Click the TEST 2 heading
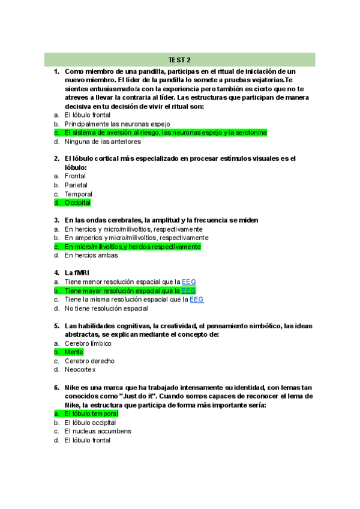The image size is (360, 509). [x=179, y=59]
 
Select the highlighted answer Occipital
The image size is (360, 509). [x=77, y=203]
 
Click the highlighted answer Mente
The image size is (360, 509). [x=74, y=352]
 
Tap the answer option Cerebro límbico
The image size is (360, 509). [x=88, y=343]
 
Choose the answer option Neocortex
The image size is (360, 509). [x=80, y=370]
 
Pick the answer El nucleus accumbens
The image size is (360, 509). [x=97, y=431]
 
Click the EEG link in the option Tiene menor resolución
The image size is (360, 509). [x=189, y=282]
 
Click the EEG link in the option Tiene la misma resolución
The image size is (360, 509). [x=197, y=300]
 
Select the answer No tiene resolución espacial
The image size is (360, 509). [x=106, y=309]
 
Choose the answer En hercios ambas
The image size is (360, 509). [x=91, y=255]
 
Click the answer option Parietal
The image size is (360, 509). [x=76, y=185]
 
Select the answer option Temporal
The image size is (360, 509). [x=78, y=194]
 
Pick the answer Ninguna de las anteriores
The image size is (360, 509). [x=103, y=142]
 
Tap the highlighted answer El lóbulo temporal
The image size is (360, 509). [x=91, y=414]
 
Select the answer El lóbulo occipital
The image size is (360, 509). [x=90, y=423]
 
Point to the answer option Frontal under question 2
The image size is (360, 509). [x=75, y=176]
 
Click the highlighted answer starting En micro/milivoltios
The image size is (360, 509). [x=133, y=247]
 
